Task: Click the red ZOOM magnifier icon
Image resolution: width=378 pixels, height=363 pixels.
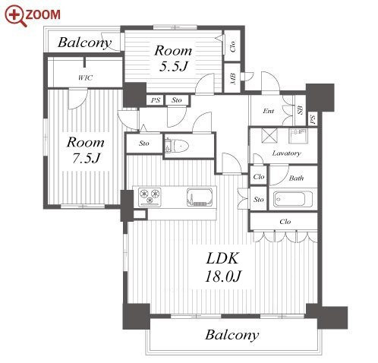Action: pos(16,16)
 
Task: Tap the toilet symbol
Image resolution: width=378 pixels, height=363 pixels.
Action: pos(177,146)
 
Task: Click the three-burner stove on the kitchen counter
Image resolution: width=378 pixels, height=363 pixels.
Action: pos(150,197)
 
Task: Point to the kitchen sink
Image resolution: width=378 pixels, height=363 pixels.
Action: pos(200,197)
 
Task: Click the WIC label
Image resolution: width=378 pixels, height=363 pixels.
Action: pos(85,77)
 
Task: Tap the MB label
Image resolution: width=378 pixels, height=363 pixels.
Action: pos(233,79)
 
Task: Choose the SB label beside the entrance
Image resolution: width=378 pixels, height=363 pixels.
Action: pos(300,110)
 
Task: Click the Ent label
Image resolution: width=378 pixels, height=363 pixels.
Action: pos(269,111)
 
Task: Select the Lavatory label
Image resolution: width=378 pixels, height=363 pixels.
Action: pos(286,153)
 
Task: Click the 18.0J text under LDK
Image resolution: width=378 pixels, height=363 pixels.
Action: pos(223,276)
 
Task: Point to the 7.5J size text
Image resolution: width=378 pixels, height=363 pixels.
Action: pos(86,158)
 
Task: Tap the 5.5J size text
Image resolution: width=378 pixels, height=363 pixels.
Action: pos(173,66)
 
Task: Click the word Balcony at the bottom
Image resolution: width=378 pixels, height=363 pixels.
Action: pos(232,335)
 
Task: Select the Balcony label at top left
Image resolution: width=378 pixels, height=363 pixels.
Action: pos(84,43)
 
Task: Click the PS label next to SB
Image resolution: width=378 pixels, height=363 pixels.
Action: pos(313,119)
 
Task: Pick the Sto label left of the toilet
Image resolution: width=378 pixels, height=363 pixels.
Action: pos(144,144)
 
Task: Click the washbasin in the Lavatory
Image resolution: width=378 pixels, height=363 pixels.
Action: pos(298,136)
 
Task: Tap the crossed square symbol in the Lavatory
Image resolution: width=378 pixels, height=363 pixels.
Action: pos(269,136)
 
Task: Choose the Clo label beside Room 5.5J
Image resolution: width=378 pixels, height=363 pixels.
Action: pos(232,46)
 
